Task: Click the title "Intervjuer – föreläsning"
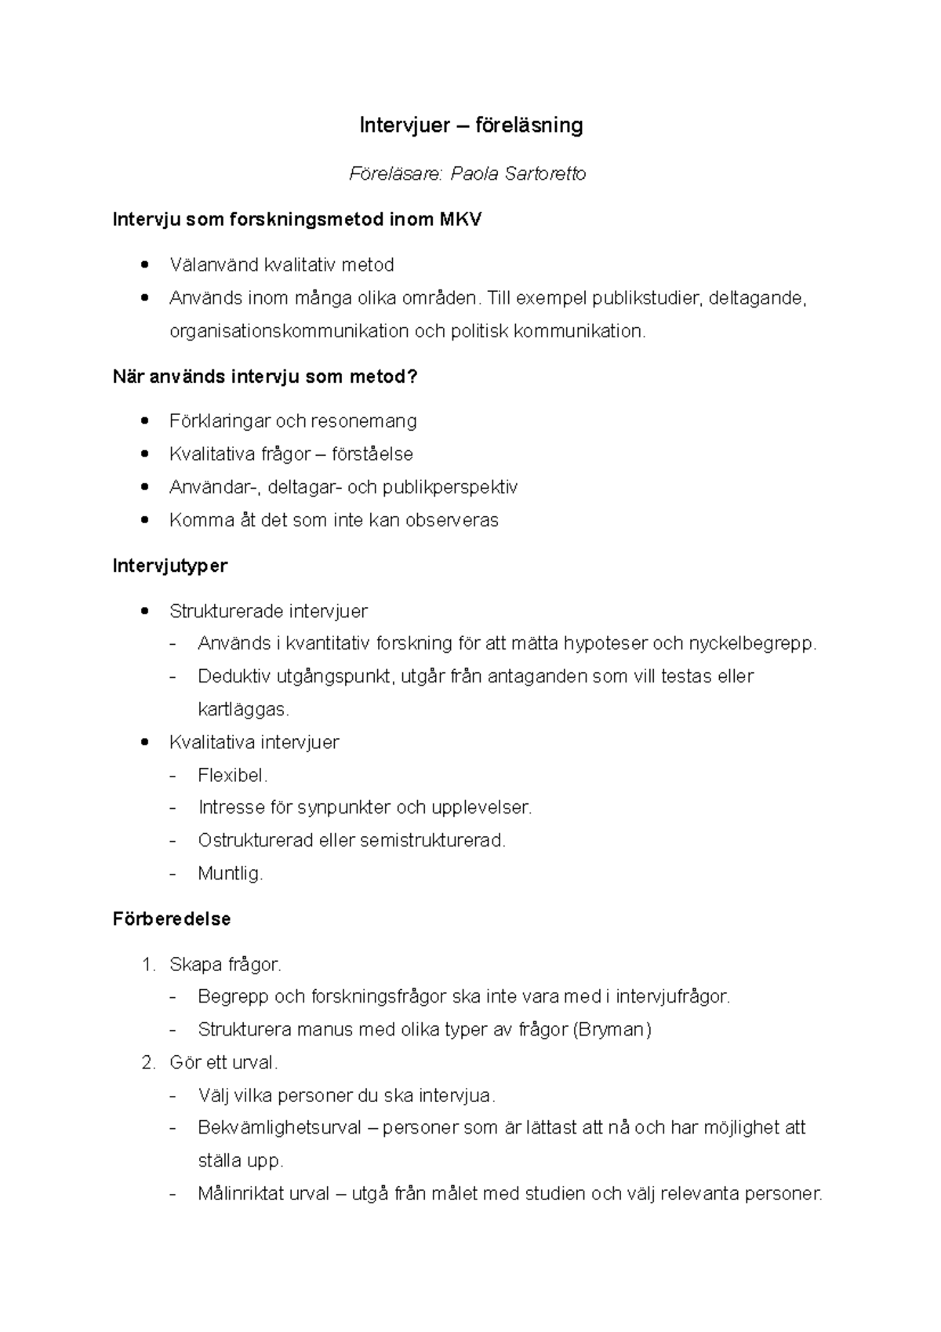pyautogui.click(x=470, y=126)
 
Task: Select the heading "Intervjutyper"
pyautogui.click(x=170, y=566)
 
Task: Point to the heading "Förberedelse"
pyautogui.click(x=172, y=919)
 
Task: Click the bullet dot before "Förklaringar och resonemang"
pyautogui.click(x=143, y=421)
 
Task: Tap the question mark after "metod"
pyautogui.click(x=413, y=377)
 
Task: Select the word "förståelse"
pyautogui.click(x=372, y=454)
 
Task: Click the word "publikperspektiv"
pyautogui.click(x=450, y=487)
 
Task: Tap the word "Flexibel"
pyautogui.click(x=231, y=776)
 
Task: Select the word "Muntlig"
pyautogui.click(x=229, y=873)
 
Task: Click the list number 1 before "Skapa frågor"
pyautogui.click(x=147, y=965)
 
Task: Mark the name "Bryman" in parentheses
pyautogui.click(x=612, y=1029)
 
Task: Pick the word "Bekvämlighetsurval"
pyautogui.click(x=279, y=1128)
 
